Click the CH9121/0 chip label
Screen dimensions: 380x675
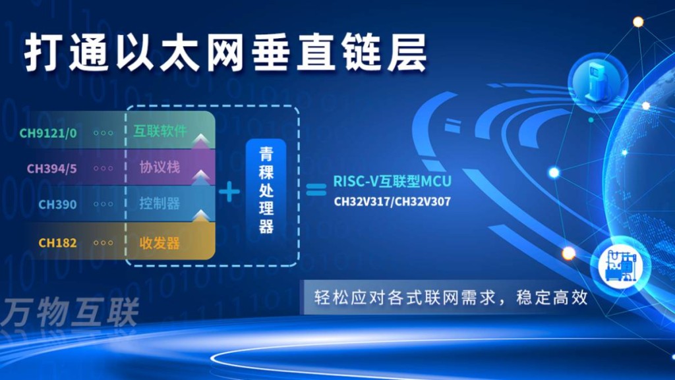click(x=48, y=133)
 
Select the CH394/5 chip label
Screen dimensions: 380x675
click(x=52, y=169)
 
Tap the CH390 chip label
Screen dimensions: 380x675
click(x=57, y=204)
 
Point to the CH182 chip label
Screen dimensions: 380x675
click(x=57, y=243)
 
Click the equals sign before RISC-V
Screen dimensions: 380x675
click(x=316, y=190)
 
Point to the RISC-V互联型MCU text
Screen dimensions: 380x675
click(x=392, y=180)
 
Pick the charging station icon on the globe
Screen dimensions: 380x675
click(x=597, y=78)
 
